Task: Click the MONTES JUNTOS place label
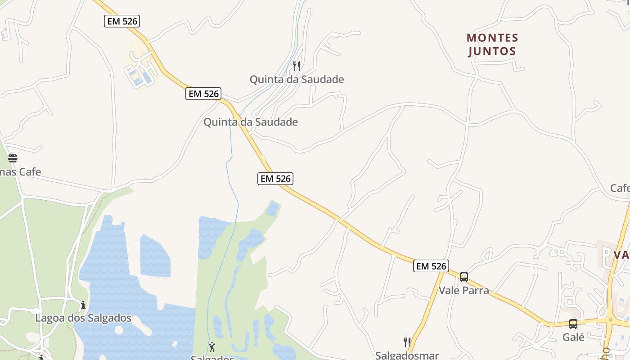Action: tap(492, 44)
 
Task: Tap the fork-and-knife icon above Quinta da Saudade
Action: tap(297, 66)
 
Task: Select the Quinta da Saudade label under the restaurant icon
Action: tap(297, 80)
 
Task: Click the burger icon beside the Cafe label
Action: tap(13, 158)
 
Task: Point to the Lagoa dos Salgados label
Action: tap(83, 318)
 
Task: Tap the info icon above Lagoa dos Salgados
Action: tap(83, 305)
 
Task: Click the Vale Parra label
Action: tap(463, 290)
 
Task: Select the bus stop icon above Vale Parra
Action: tap(464, 277)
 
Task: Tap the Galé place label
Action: tap(573, 337)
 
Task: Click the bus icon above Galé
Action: tap(573, 324)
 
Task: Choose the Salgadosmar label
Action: tap(407, 355)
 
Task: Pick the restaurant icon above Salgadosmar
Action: tap(407, 342)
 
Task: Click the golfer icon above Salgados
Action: tap(212, 347)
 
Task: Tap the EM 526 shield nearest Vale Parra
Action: tap(431, 266)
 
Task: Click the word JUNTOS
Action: tap(492, 51)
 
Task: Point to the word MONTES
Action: tap(492, 37)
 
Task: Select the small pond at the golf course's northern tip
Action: tap(273, 209)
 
